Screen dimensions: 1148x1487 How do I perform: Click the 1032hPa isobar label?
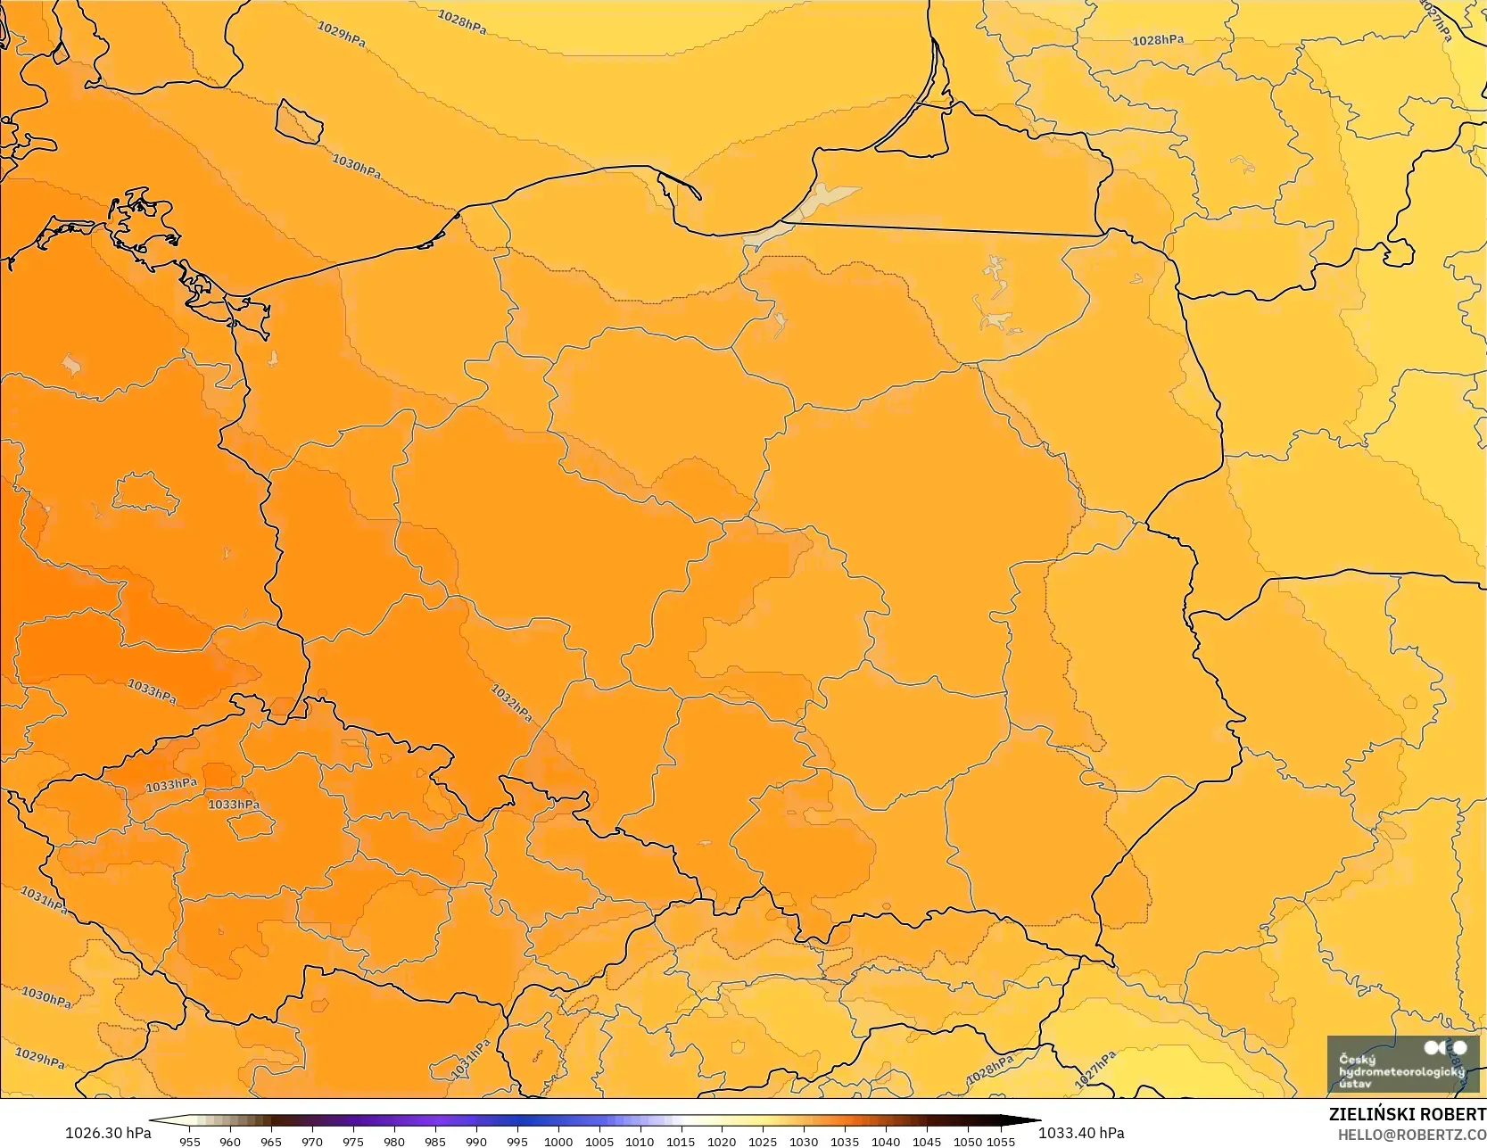pos(511,703)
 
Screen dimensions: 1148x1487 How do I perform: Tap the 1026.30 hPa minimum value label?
pos(108,1133)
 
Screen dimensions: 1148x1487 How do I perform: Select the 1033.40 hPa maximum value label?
pos(1081,1133)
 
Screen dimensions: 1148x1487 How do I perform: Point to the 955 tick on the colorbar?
pos(190,1142)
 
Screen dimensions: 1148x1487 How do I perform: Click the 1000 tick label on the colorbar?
pos(558,1142)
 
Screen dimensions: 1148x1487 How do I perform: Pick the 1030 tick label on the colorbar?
pos(804,1142)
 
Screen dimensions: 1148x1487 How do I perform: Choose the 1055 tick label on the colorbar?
pos(1002,1142)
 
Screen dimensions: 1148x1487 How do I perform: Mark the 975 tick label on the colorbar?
pos(353,1142)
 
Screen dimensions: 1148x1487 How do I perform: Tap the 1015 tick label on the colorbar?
pos(681,1142)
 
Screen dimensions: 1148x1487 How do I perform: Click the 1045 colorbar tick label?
pos(927,1142)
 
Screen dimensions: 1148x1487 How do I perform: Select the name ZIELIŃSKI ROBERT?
pos(1407,1115)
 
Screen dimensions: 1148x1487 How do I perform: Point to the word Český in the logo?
pos(1357,1060)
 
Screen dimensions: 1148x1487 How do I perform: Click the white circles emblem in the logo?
pos(1445,1047)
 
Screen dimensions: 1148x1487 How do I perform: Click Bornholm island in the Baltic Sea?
pos(298,121)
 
